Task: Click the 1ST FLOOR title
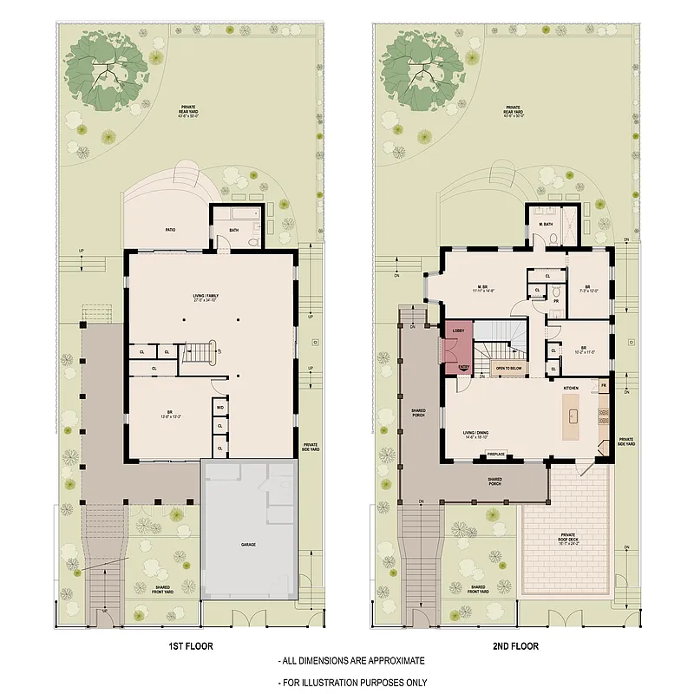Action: point(191,646)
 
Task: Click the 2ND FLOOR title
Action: point(518,646)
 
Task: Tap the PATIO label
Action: point(171,230)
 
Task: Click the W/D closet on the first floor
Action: point(220,407)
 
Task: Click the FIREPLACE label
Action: point(496,454)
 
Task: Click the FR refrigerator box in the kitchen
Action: point(603,384)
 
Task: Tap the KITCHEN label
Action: point(570,388)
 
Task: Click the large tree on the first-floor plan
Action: point(107,73)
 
